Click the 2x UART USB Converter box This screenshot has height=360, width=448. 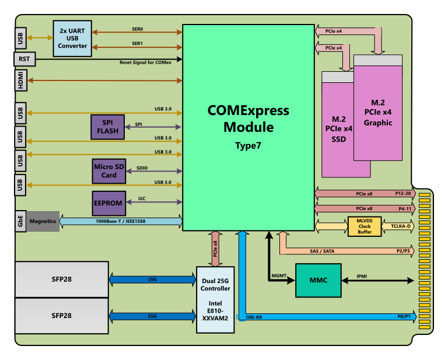click(72, 38)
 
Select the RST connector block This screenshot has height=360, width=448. click(24, 59)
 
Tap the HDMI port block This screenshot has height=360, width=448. click(20, 80)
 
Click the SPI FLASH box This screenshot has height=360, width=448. click(107, 127)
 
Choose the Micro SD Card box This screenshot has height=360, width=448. click(109, 171)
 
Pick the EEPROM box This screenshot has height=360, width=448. click(108, 203)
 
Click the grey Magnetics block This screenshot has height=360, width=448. click(43, 221)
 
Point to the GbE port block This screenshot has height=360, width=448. click(20, 221)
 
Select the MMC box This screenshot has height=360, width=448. click(318, 280)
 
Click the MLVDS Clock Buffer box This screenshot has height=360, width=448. click(365, 226)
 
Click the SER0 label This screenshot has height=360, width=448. click(137, 28)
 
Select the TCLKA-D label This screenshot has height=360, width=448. click(401, 226)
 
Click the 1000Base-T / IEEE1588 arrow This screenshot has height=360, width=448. click(121, 222)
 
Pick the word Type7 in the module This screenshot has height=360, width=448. click(248, 144)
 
